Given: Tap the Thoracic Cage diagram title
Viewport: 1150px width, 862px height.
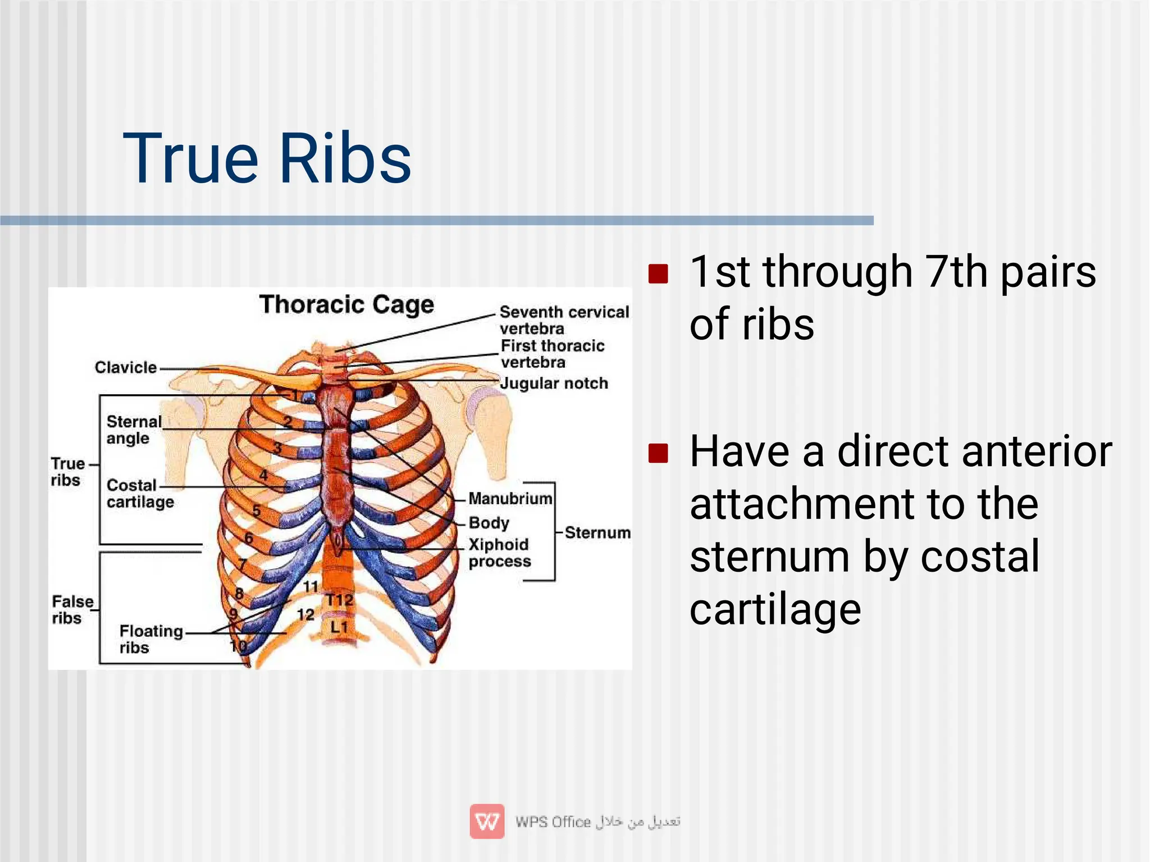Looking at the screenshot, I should point(346,305).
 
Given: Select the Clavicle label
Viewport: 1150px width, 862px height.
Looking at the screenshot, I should point(125,367).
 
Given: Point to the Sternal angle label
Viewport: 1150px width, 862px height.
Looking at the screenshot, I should point(134,430).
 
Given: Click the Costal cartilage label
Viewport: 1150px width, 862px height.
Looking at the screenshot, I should point(140,493).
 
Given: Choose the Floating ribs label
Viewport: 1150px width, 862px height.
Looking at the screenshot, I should point(150,639).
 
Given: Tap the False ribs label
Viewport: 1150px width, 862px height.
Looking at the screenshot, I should point(72,609).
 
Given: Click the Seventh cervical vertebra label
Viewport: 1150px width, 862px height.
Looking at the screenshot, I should point(563,320).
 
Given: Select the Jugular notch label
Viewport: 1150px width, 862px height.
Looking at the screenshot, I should point(554,384).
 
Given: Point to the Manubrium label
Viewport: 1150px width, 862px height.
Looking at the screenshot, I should point(510,498).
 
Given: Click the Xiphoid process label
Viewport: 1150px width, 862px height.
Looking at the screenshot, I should point(499,553).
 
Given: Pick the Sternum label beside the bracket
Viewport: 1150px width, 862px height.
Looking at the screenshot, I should point(597,532).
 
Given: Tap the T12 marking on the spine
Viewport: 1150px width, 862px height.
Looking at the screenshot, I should point(340,600).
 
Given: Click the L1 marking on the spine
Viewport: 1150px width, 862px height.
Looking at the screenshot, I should point(339,627).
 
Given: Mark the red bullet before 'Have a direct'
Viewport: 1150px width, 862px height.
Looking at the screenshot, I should point(658,453).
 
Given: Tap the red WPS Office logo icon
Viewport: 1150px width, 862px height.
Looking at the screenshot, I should point(487,822).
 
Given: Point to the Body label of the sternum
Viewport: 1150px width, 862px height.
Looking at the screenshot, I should point(489,523).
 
